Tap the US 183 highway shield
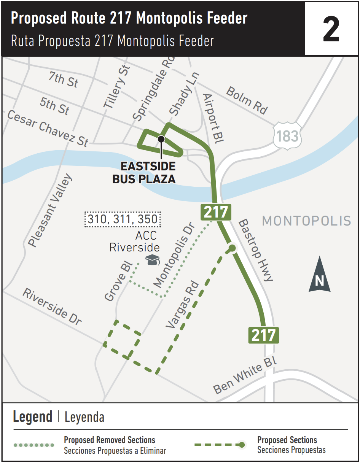click(287, 135)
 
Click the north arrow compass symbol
click(319, 275)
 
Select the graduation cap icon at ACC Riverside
click(152, 260)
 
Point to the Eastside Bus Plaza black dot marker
click(161, 139)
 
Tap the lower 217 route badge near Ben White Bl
click(263, 335)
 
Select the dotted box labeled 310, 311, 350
click(123, 219)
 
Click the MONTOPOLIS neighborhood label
click(306, 221)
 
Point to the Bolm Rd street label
click(247, 100)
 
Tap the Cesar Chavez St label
click(48, 129)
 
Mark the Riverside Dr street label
click(52, 307)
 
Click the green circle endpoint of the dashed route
click(231, 249)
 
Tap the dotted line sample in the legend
click(34, 445)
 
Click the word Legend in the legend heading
click(32, 417)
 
